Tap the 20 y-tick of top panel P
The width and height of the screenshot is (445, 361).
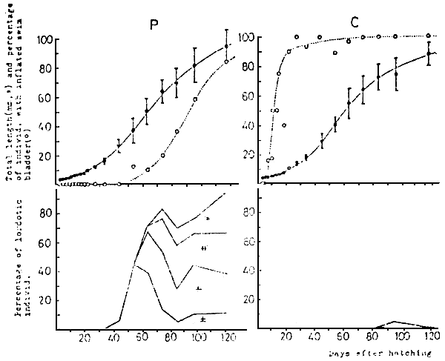(x=47, y=156)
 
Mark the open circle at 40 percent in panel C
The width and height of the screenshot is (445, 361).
(x=284, y=125)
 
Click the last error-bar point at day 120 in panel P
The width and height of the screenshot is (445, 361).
(x=227, y=47)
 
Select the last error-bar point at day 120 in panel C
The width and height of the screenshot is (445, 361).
(x=428, y=54)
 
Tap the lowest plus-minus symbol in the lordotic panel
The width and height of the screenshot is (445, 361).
(x=202, y=319)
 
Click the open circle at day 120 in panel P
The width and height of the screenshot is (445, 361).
(x=226, y=62)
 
